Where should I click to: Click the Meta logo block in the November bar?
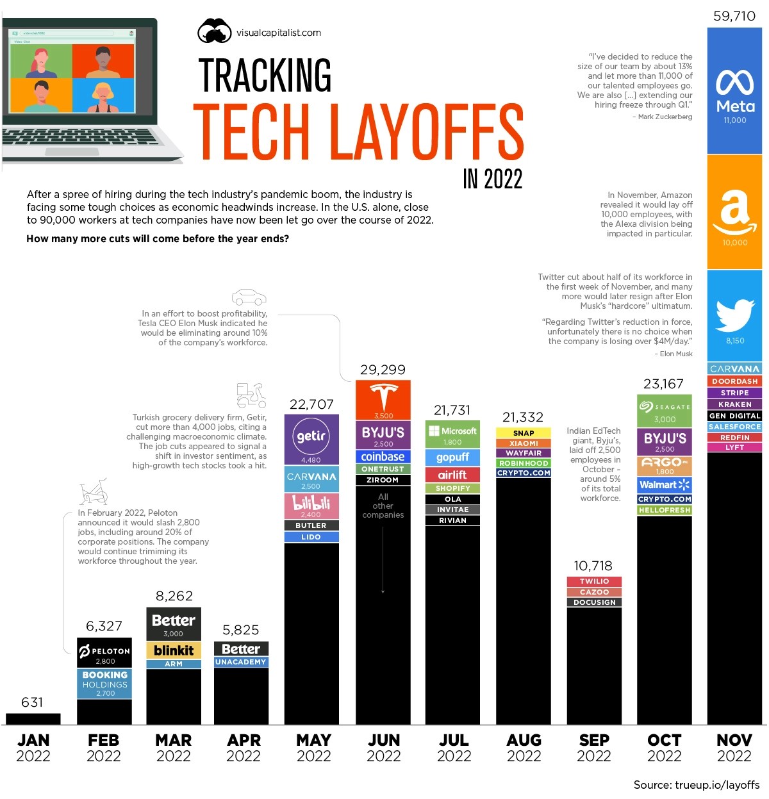(734, 91)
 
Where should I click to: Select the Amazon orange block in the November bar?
(734, 211)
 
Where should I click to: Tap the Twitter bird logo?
(734, 316)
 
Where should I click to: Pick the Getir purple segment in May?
(311, 439)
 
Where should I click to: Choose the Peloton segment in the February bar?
(104, 652)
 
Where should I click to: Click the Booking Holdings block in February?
(104, 684)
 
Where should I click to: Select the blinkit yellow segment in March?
(174, 650)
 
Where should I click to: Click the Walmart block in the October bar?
(665, 485)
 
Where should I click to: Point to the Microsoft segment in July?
(452, 434)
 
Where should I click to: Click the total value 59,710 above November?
(734, 16)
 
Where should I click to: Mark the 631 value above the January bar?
(32, 702)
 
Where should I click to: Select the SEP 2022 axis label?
(594, 748)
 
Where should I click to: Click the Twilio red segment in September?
(594, 581)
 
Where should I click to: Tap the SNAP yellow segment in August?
(523, 433)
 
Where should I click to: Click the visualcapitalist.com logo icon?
(214, 31)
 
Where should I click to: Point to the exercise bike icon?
(94, 492)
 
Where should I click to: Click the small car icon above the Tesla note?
(249, 297)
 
